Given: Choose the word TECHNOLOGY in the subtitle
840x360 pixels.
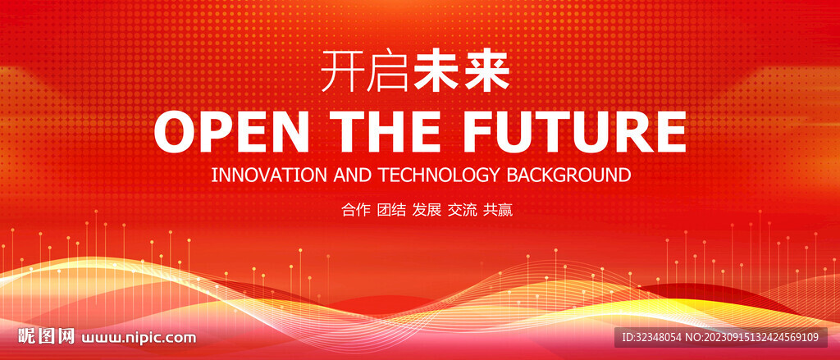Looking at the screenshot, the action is [x=440, y=175].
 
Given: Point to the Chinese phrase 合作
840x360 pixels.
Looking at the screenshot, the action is [x=356, y=210].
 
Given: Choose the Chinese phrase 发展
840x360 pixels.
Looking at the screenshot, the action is [x=427, y=210].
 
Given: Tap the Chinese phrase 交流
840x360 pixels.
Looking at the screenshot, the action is [x=462, y=210].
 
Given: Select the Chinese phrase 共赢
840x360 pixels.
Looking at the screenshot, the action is [x=498, y=210].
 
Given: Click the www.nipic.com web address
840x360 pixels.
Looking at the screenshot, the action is [x=138, y=338].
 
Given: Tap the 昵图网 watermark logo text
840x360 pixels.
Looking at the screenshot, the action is [x=46, y=336].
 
